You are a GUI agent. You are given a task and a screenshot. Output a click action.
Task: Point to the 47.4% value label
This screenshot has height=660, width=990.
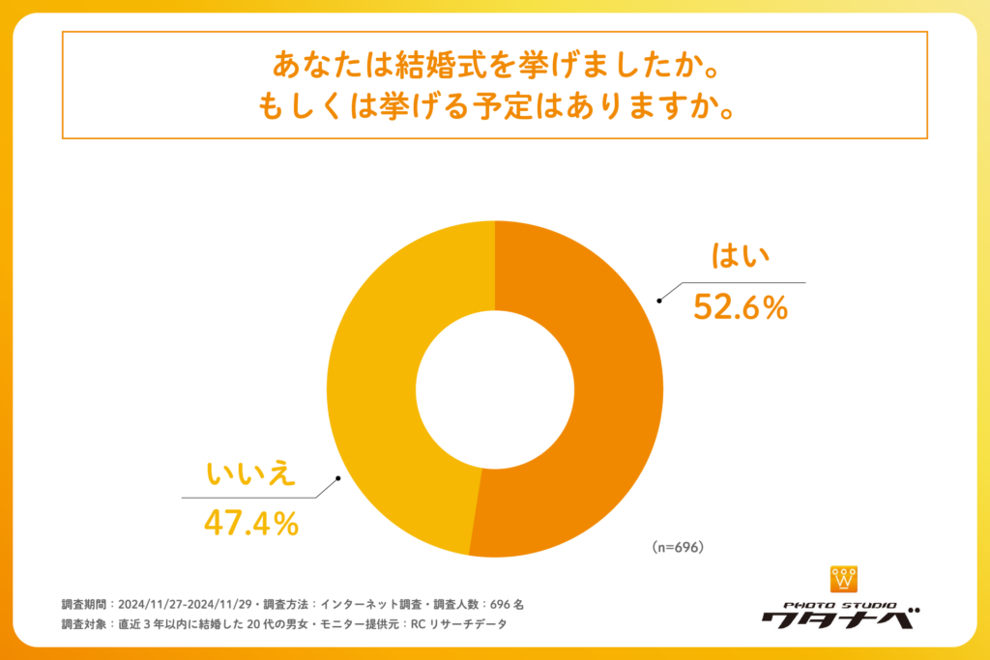[250, 523]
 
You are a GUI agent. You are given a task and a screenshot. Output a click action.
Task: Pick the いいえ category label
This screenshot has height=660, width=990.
[250, 475]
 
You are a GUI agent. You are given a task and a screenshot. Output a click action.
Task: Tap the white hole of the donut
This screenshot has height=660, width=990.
[495, 388]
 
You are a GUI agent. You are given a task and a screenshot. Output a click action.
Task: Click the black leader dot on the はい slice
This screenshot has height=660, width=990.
[659, 301]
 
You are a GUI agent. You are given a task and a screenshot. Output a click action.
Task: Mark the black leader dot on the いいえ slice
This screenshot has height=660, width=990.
[337, 478]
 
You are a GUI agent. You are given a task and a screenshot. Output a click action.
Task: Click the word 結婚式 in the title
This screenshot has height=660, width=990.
[433, 66]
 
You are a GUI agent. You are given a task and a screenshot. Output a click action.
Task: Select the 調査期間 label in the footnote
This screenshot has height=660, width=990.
[85, 604]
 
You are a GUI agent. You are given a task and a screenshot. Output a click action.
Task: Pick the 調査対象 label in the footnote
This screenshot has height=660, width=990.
[85, 624]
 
